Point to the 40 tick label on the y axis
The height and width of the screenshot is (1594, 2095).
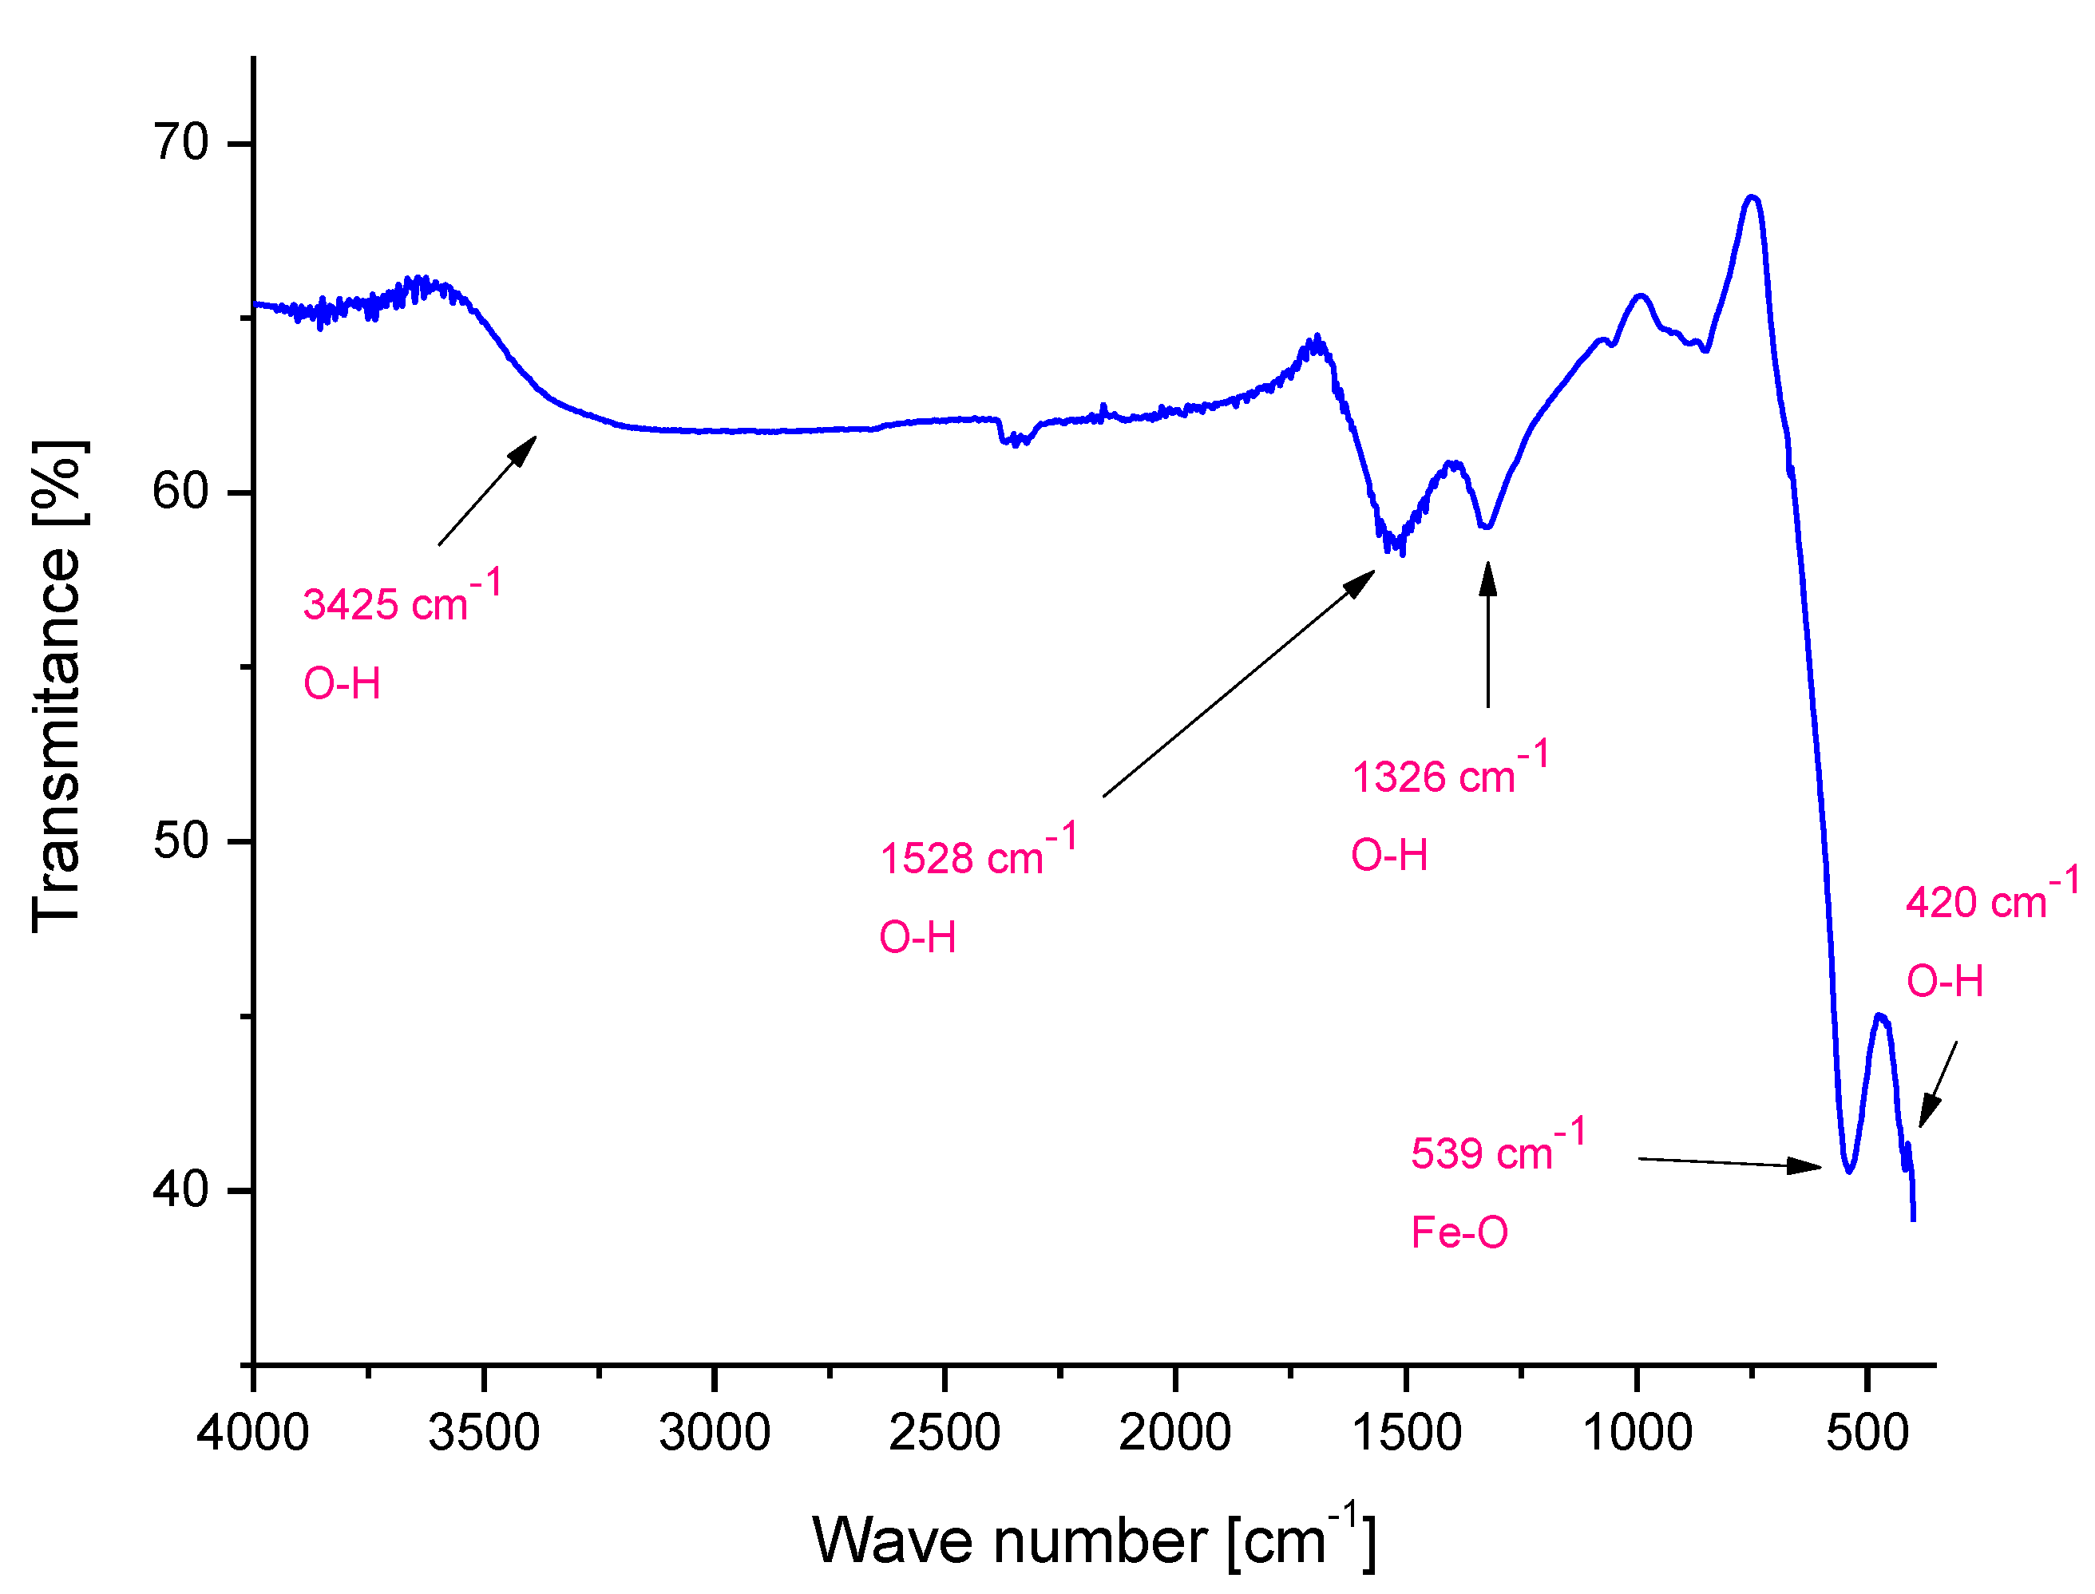(x=180, y=1190)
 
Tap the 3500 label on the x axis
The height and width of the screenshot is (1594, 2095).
(x=484, y=1433)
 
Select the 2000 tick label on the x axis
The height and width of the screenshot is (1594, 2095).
(x=1174, y=1433)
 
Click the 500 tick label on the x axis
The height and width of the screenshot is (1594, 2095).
(x=1867, y=1433)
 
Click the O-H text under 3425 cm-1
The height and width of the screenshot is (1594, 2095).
(x=342, y=684)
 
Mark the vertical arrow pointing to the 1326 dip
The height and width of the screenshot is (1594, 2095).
(x=1487, y=635)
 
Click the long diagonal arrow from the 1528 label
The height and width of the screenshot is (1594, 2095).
(x=1238, y=683)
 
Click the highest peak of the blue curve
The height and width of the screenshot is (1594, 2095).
(x=1752, y=197)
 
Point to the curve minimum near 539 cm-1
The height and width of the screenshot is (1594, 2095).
(x=1848, y=1170)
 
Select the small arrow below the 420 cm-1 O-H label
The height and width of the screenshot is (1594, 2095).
(x=1938, y=1085)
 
